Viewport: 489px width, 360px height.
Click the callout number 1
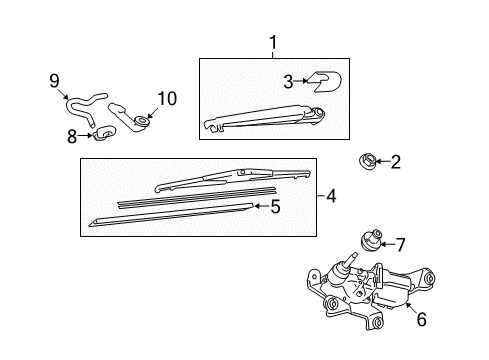pos(273,43)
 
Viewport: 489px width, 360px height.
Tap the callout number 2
pos(395,162)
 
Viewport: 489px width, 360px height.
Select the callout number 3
pos(288,82)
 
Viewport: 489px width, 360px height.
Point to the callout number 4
pos(331,196)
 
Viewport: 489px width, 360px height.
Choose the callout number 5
pos(276,207)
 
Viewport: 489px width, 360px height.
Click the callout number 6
pos(422,319)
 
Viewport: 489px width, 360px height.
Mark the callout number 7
pos(400,245)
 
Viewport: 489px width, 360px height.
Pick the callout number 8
pos(72,136)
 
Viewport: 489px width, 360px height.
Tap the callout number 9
pos(54,81)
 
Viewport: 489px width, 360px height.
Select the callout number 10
pos(167,99)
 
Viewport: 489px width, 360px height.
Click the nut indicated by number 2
pos(367,160)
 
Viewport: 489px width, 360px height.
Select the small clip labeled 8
pos(104,133)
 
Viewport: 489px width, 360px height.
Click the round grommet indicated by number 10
pos(142,120)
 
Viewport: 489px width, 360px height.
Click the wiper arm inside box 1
pos(263,118)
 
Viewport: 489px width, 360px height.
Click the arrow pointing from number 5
pos(262,206)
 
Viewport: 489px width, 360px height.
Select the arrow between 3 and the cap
pos(301,81)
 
